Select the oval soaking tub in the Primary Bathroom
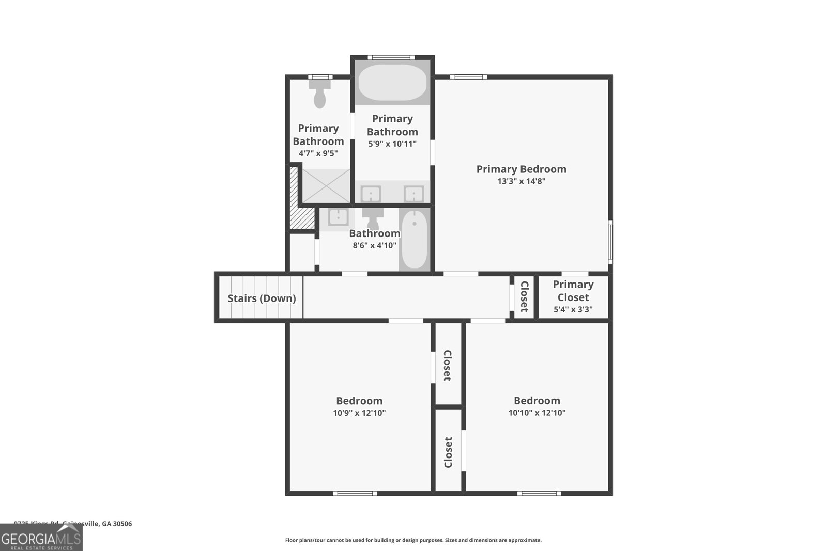(392, 83)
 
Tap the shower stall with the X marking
(326, 186)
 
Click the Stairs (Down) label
(262, 298)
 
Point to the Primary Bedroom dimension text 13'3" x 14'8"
(521, 181)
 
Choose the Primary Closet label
(573, 291)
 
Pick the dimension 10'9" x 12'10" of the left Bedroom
(359, 413)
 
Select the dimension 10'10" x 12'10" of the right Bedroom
(537, 413)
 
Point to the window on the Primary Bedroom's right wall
(610, 241)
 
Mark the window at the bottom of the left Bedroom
(355, 493)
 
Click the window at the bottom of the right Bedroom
(539, 493)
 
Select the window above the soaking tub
(391, 57)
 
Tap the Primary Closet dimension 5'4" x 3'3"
(573, 310)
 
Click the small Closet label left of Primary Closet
(524, 296)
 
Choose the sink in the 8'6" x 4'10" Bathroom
(339, 216)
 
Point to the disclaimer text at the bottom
(413, 540)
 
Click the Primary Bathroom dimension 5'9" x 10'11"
(392, 144)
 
